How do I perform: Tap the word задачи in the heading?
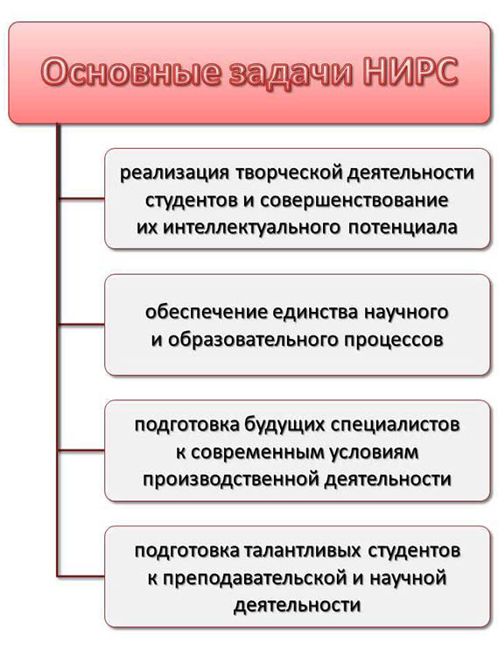(x=291, y=73)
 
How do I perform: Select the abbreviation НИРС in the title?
(x=410, y=72)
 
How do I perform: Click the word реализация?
(x=174, y=174)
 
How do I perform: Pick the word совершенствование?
(x=354, y=201)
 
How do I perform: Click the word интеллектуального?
(x=251, y=228)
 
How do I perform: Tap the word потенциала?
(x=403, y=228)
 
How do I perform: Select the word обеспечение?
(x=206, y=313)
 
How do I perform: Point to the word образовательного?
(x=252, y=340)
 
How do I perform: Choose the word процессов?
(x=393, y=341)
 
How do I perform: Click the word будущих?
(x=284, y=425)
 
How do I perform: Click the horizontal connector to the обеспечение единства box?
(x=81, y=325)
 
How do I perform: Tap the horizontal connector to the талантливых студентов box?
(x=81, y=576)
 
